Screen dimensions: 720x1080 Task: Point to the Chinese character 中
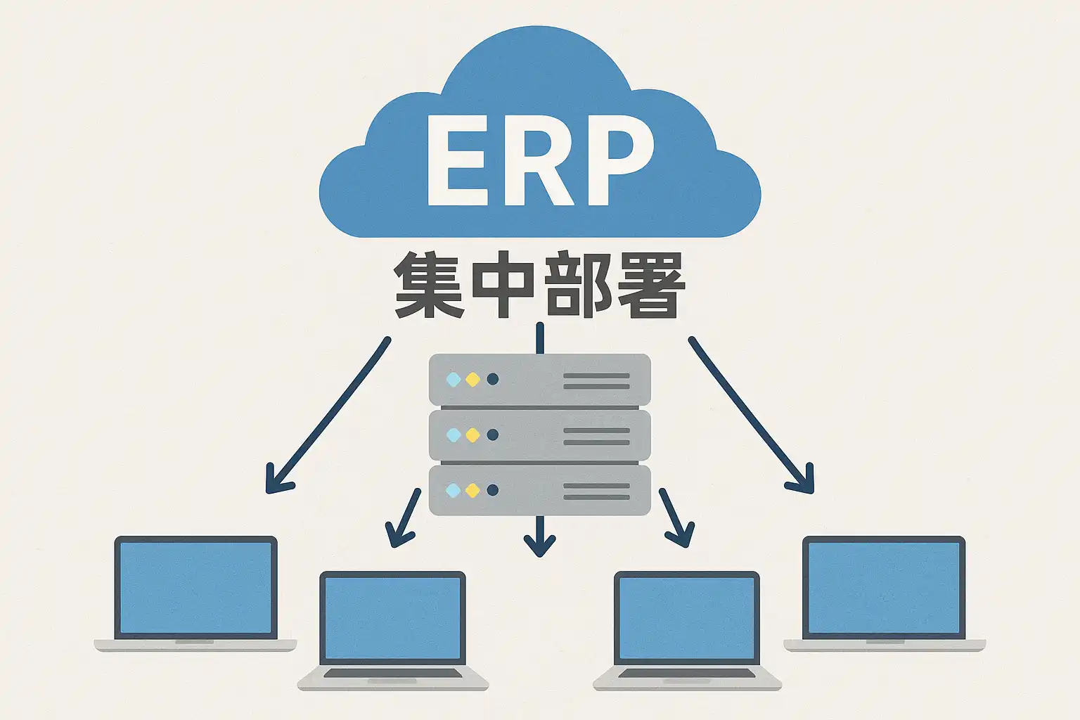click(x=501, y=285)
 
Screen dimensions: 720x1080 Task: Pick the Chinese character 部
click(x=577, y=285)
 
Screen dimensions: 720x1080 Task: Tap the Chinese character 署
click(x=650, y=285)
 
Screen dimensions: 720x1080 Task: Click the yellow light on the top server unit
click(x=472, y=380)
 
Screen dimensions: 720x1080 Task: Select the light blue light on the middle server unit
click(x=454, y=435)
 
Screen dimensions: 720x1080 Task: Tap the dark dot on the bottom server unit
click(x=492, y=490)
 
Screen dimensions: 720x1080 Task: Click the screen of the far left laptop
click(x=196, y=587)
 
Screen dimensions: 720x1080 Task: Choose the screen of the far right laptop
click(x=884, y=587)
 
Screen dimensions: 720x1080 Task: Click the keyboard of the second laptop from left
click(x=393, y=674)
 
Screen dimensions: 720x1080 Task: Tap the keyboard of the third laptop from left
click(x=687, y=674)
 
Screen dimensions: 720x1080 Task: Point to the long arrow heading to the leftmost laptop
click(x=330, y=415)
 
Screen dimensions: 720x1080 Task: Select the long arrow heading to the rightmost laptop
click(x=749, y=415)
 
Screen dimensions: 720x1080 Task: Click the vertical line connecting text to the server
click(x=539, y=338)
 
